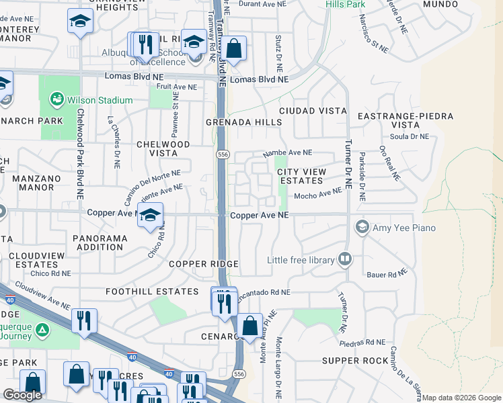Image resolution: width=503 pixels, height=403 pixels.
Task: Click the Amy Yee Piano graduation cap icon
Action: (x=363, y=227)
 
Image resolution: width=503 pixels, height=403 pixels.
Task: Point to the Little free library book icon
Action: (x=345, y=259)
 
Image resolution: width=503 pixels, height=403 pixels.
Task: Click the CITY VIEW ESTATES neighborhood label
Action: (x=301, y=176)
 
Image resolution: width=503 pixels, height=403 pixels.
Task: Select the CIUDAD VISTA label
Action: (x=313, y=110)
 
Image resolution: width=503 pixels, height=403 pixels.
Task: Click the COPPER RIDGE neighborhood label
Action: (x=198, y=264)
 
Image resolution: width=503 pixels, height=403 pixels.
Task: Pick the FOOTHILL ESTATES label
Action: (x=152, y=292)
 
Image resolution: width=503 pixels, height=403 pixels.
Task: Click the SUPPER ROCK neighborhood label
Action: (x=355, y=361)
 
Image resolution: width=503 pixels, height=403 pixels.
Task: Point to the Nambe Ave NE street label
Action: (x=288, y=152)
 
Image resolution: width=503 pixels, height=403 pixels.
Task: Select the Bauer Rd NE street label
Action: (x=387, y=273)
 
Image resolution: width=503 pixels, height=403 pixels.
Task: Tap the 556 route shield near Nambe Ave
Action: (x=221, y=154)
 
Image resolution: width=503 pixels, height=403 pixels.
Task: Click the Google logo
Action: (x=23, y=395)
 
